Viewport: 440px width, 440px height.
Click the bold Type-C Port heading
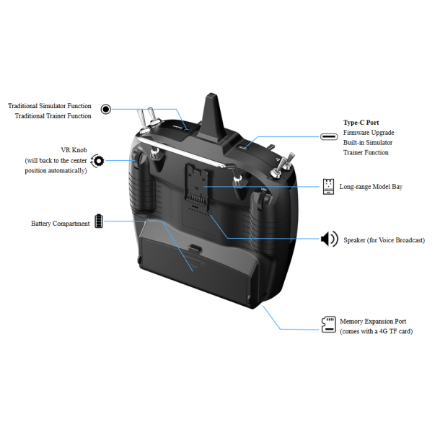[x=361, y=123]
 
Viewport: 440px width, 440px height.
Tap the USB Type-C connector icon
[x=329, y=136]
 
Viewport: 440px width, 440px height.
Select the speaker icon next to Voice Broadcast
[x=330, y=239]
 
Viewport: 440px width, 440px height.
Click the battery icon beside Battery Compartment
[x=99, y=221]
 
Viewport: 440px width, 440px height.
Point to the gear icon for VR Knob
[x=98, y=161]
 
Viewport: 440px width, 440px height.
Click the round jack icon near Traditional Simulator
[x=106, y=109]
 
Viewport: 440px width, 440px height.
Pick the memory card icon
[x=329, y=325]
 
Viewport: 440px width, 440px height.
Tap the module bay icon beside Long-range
[x=328, y=187]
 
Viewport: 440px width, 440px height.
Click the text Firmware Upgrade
[x=369, y=133]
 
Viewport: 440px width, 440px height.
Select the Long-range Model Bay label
[x=371, y=187]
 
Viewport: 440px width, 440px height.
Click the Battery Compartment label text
[x=61, y=224]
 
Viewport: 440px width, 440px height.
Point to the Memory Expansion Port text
[x=373, y=321]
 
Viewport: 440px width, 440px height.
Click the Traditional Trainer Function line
[x=53, y=116]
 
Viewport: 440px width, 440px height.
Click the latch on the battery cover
[x=195, y=248]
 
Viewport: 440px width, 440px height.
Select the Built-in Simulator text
[x=368, y=143]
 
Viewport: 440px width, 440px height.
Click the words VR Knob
[x=74, y=150]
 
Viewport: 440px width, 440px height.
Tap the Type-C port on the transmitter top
[x=242, y=147]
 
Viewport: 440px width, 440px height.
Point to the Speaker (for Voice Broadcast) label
[x=384, y=240]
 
